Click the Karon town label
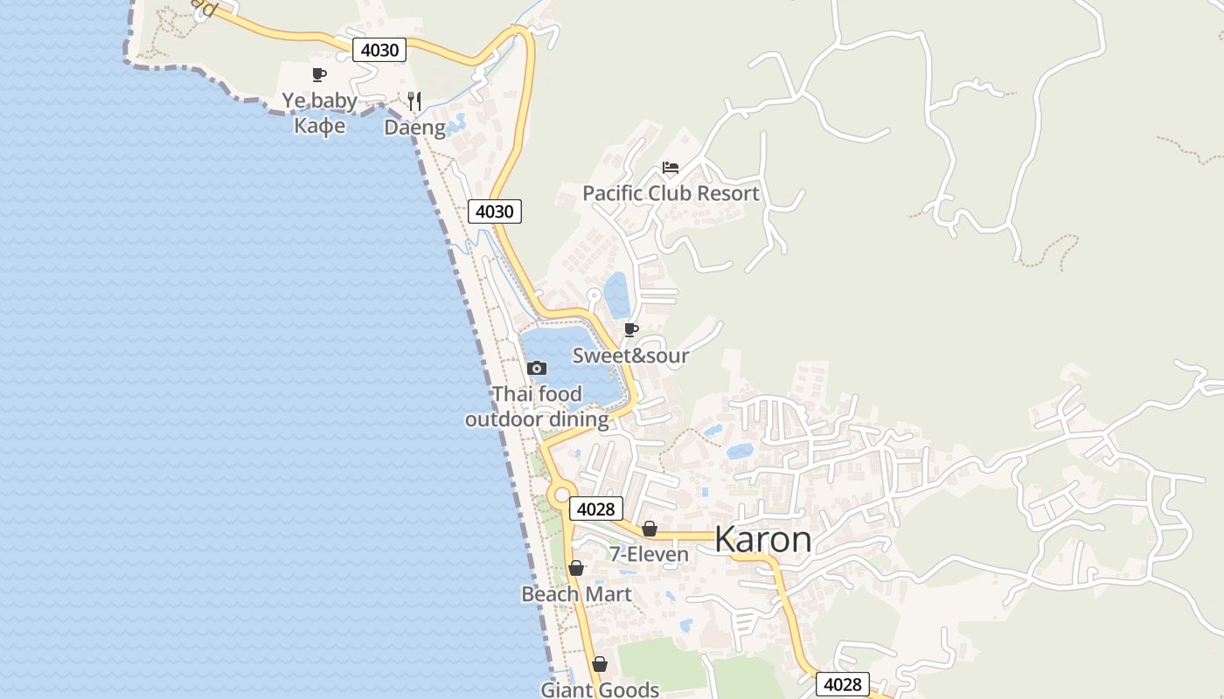(762, 539)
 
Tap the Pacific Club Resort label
(671, 193)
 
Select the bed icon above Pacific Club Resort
(671, 168)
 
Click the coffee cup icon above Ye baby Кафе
(319, 75)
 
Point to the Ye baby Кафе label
(319, 113)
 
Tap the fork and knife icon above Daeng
(414, 101)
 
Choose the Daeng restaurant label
(414, 128)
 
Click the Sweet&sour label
(630, 356)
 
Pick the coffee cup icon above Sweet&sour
(630, 329)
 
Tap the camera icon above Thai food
(537, 369)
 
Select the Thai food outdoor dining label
(537, 407)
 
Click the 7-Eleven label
(649, 554)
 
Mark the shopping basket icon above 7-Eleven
(649, 529)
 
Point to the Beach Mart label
(576, 594)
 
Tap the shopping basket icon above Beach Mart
(576, 568)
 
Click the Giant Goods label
(600, 689)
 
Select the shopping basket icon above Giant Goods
(600, 664)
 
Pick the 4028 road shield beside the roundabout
(596, 509)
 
